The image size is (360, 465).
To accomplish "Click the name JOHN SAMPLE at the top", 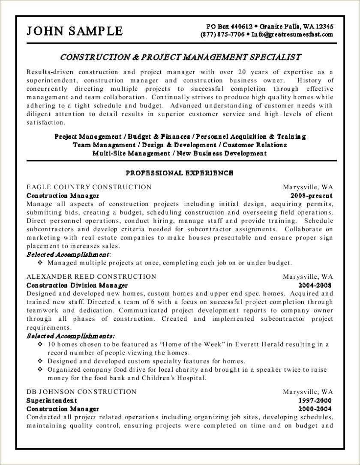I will (x=75, y=31).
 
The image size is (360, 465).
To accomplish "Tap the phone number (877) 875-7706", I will (x=222, y=34).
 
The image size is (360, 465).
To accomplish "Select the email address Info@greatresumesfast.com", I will (x=292, y=34).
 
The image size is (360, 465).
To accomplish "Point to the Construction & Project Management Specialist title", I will (x=180, y=57).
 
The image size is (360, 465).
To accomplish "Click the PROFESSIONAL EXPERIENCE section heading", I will (x=179, y=173).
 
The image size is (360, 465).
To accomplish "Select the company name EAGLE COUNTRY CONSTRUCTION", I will (x=89, y=187).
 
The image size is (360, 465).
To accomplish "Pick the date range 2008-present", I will (x=312, y=196).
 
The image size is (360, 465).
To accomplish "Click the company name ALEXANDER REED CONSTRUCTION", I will (x=91, y=277).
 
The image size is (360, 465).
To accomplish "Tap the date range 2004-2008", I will (x=315, y=285).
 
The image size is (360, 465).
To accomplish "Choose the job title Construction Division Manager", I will (x=77, y=285).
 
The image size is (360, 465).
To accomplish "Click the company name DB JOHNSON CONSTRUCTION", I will (x=81, y=392).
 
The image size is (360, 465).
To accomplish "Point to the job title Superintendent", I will (x=51, y=400).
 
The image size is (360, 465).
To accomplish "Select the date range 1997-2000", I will (x=315, y=400).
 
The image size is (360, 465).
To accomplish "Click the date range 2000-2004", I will (x=315, y=409).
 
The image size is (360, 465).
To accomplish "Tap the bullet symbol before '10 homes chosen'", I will (x=40, y=345).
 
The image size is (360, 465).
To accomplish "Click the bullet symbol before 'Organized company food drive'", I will (x=40, y=370).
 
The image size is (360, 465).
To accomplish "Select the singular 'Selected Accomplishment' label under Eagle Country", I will (x=68, y=254).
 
